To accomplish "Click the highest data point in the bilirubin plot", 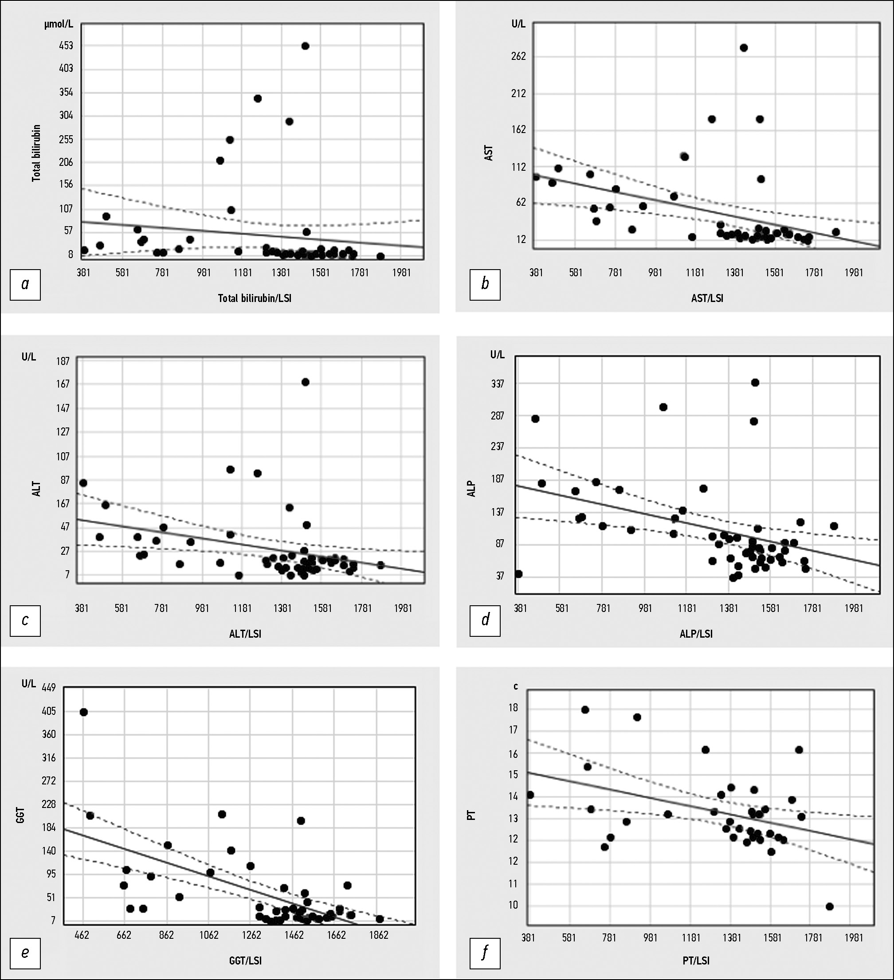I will click(305, 46).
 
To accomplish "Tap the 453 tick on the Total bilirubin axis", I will click(66, 46).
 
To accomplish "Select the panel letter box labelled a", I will click(25, 284).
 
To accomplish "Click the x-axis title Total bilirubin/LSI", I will click(254, 298).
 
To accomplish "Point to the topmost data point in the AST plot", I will click(743, 47).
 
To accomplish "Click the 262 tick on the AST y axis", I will click(519, 56).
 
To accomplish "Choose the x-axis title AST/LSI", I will click(707, 298).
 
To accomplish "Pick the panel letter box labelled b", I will click(485, 284).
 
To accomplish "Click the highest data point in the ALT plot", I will click(305, 382).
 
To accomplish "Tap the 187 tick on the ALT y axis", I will click(63, 361).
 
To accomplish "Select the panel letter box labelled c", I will click(25, 620).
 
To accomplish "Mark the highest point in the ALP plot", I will click(755, 383).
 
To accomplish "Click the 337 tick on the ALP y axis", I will click(497, 384).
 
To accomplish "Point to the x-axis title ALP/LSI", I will click(696, 634).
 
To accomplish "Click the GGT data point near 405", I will click(84, 712).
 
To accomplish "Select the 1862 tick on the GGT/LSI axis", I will click(378, 935).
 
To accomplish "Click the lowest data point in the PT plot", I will click(830, 906).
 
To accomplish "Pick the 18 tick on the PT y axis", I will click(514, 708).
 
